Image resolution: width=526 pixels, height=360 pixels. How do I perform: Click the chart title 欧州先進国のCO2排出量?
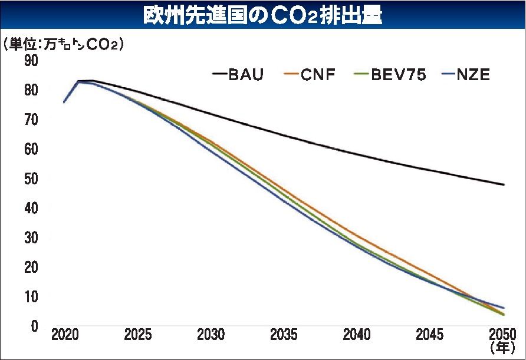coord(263,15)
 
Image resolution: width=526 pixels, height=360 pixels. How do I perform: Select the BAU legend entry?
coord(238,75)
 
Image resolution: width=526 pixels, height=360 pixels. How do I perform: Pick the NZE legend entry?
coord(466,75)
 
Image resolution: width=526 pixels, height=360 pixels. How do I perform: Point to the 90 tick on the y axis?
coord(31,61)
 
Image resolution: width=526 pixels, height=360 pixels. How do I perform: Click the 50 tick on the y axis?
coord(31,179)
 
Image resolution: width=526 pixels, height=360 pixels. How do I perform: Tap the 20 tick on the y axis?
coord(31,267)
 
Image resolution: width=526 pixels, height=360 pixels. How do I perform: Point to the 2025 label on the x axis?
coord(137,335)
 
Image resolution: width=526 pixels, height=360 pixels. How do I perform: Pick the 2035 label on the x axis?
coord(284,335)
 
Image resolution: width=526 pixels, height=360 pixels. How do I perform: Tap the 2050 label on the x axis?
coord(502,335)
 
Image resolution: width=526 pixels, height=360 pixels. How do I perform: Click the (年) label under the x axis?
coord(503,349)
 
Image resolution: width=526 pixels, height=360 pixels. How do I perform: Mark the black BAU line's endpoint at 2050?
coord(503,184)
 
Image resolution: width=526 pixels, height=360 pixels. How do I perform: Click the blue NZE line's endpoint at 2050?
coord(503,308)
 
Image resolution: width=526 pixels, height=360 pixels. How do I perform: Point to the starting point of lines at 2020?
coord(64,103)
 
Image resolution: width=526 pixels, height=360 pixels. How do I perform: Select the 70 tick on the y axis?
coord(31,120)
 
